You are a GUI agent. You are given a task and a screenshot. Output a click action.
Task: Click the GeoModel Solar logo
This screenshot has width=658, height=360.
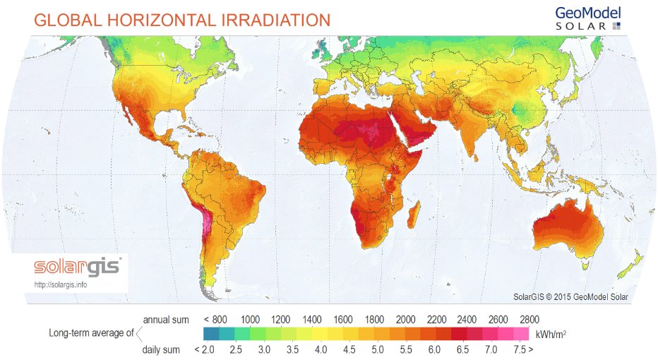pos(588,18)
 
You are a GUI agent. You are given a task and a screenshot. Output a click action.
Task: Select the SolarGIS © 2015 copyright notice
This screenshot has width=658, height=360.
pos(570,296)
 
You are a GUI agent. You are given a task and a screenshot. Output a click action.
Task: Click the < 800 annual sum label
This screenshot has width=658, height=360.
pos(215,318)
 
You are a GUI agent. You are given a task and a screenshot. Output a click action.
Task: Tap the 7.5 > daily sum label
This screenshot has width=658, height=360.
pos(524,349)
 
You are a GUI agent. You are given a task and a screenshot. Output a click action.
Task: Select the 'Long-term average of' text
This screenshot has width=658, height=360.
pos(91,333)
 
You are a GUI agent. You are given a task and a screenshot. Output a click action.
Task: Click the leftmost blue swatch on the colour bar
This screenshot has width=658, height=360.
pos(210,333)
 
